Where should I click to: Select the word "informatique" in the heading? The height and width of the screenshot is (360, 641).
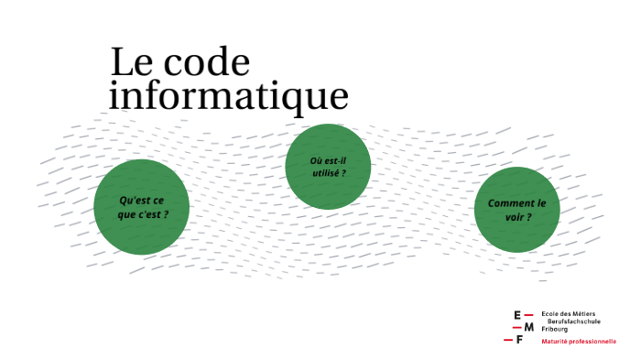[x=229, y=95]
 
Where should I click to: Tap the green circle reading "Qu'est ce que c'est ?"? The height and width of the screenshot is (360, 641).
[x=142, y=207]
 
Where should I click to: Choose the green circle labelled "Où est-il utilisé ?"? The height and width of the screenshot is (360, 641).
[x=328, y=167]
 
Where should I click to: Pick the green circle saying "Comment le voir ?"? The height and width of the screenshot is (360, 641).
[x=516, y=210]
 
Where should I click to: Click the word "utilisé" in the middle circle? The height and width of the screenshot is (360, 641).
[x=325, y=173]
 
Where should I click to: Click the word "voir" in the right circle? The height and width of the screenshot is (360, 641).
[x=515, y=217]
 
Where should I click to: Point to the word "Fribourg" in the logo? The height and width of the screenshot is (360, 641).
[x=555, y=328]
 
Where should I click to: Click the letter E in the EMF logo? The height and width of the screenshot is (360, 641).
[x=517, y=315]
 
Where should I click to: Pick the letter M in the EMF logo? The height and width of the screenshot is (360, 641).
[x=528, y=327]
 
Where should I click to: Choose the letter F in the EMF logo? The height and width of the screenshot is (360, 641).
[x=519, y=340]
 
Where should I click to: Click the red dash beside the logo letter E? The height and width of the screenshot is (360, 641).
[x=529, y=315]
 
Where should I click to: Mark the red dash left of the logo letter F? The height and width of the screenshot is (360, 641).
[x=508, y=340]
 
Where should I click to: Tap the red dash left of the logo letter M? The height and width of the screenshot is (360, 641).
[x=517, y=327]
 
